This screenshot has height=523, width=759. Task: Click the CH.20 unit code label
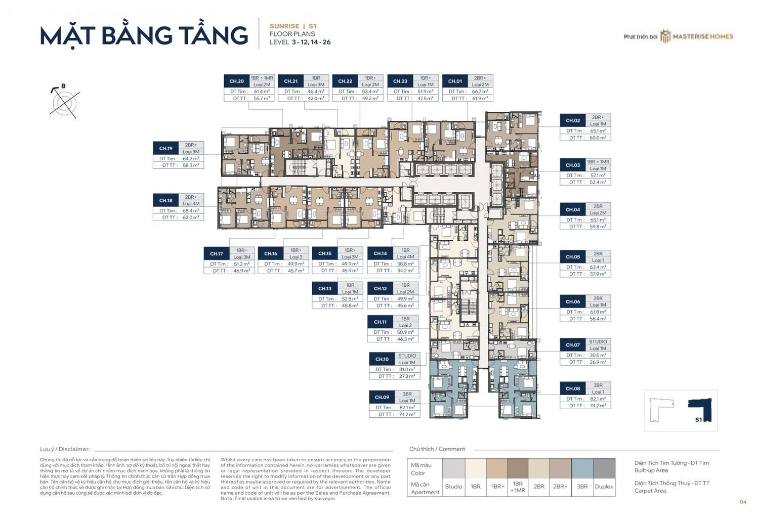(236, 81)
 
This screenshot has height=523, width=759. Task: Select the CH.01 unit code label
(455, 81)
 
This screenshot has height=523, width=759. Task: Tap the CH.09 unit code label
(382, 398)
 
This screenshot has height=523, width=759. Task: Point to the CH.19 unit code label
(166, 149)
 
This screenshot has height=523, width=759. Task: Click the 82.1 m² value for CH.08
(598, 399)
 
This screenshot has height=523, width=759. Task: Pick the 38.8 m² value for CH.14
(405, 264)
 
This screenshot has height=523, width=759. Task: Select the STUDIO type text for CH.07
(598, 342)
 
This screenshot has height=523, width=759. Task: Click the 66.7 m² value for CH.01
(480, 92)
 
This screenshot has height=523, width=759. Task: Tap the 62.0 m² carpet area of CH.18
(191, 217)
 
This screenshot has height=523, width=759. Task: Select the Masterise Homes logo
(697, 36)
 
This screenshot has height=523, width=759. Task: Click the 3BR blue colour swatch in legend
(582, 468)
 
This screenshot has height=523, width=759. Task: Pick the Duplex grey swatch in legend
(604, 468)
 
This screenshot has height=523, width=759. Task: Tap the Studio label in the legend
(453, 487)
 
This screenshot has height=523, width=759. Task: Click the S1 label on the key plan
(698, 420)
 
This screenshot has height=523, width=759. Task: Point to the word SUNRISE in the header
(284, 26)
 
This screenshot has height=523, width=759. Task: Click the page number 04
(743, 502)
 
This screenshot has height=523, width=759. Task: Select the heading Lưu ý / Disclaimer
(65, 449)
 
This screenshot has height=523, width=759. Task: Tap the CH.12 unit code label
(380, 289)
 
